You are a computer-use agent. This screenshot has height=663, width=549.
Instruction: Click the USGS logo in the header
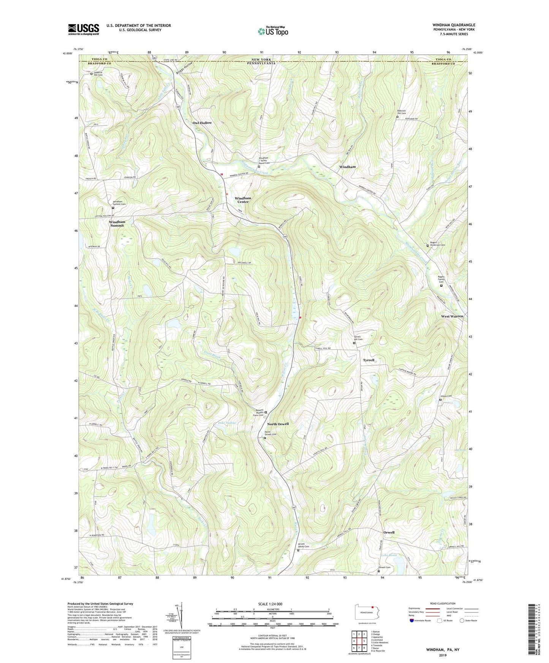click(83, 29)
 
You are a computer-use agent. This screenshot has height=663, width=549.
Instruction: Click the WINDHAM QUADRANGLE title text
click(454, 25)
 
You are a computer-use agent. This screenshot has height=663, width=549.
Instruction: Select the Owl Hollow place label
click(202, 123)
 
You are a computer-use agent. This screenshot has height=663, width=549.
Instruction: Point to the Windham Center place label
click(243, 200)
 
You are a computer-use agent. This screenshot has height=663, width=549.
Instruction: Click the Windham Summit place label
click(117, 224)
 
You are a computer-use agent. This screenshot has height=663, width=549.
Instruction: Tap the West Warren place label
click(452, 316)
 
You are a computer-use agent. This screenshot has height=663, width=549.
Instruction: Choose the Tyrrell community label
click(369, 360)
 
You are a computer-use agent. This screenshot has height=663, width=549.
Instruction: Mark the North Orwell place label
click(278, 424)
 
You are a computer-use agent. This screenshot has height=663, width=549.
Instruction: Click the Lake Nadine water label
click(226, 423)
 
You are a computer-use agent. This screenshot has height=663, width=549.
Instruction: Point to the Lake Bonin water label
click(389, 555)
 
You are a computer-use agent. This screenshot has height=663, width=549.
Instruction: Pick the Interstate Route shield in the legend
click(412, 621)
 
